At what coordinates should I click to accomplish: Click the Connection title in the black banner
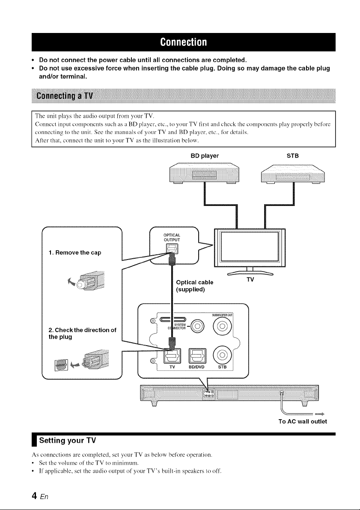183,42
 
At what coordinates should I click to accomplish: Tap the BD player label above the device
205,156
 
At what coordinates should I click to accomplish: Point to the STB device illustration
293,174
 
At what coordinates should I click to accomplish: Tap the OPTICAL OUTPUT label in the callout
172,237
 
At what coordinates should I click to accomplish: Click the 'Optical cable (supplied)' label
194,286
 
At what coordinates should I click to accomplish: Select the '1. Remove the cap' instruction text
75,253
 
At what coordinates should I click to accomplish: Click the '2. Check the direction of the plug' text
82,334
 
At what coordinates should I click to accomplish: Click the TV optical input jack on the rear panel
171,355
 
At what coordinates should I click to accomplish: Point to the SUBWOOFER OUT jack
222,326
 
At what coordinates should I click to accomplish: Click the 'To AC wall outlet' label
303,421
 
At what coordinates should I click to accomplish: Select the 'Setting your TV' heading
68,441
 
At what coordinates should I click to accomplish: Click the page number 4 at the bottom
34,496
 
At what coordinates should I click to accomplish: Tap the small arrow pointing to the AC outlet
320,414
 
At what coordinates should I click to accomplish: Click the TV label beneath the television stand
250,279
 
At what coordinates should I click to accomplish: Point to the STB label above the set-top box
292,156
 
